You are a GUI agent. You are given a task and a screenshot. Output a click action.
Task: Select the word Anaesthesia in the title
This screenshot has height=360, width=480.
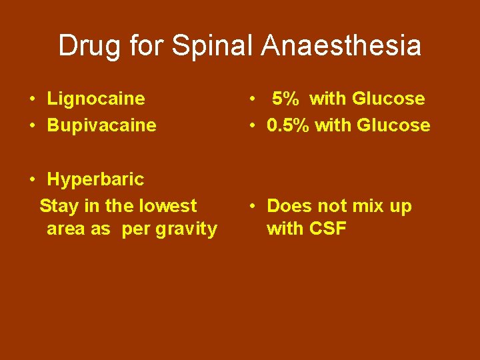341,46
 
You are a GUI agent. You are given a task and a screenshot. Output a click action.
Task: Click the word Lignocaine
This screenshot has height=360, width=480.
95,99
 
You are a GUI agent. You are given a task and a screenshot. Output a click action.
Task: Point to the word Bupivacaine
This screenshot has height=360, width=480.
101,125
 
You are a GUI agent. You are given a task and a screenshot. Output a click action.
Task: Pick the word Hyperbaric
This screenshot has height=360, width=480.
95,179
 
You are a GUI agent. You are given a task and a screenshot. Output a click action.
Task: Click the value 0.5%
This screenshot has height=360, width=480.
288,125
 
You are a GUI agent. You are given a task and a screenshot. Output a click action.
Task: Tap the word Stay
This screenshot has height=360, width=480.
58,206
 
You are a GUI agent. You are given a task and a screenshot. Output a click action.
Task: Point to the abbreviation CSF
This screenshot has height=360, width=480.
328,229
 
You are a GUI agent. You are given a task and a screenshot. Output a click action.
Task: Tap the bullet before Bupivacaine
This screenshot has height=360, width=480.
32,126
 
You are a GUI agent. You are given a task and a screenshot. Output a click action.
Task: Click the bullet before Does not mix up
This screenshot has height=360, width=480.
253,207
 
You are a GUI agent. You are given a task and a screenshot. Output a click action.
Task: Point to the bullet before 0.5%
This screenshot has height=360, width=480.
253,126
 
